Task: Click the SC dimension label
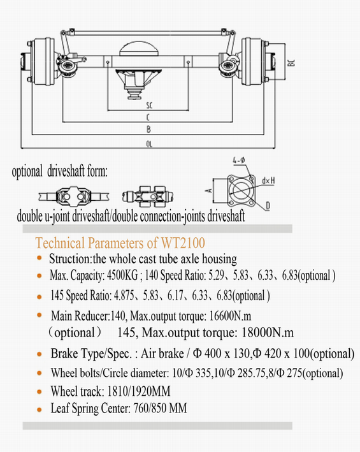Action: click(x=149, y=105)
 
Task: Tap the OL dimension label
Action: click(x=149, y=144)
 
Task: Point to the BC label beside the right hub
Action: click(x=291, y=62)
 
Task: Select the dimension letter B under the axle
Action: click(x=148, y=129)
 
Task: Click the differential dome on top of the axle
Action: click(x=139, y=48)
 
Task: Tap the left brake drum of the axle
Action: click(x=43, y=61)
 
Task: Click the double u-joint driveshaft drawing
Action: click(x=74, y=196)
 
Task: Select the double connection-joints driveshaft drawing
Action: click(x=148, y=196)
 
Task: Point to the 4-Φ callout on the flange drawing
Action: click(x=239, y=160)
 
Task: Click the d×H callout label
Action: click(x=268, y=181)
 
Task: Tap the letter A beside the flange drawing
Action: click(x=210, y=191)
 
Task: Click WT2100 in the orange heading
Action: click(x=183, y=243)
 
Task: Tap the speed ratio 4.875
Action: click(x=124, y=295)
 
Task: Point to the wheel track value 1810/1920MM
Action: click(x=139, y=391)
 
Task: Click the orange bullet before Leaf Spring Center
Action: click(x=40, y=409)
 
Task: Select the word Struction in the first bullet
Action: click(x=69, y=259)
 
